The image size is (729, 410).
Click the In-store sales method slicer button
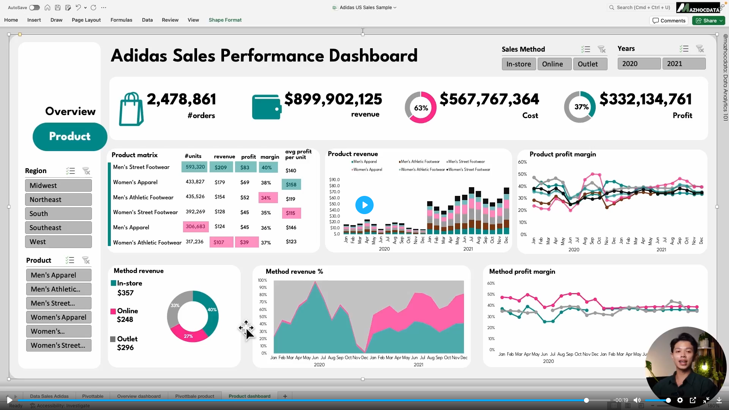click(519, 64)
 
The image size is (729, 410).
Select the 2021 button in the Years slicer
click(683, 64)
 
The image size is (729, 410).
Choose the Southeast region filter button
click(58, 228)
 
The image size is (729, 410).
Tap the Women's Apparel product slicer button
click(58, 317)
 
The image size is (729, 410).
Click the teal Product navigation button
click(70, 137)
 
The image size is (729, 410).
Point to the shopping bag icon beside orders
click(131, 109)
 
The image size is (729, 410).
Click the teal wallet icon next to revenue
click(267, 107)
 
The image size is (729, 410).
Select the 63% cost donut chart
click(421, 108)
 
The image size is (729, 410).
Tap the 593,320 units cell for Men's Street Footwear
click(195, 167)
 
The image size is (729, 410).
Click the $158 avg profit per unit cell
click(291, 184)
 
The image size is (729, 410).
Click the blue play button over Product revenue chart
click(364, 205)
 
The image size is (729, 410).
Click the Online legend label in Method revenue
click(127, 311)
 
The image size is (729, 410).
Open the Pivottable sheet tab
click(93, 396)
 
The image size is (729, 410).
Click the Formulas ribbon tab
click(121, 20)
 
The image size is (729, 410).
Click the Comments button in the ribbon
click(669, 20)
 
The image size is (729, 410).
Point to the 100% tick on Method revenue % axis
click(262, 281)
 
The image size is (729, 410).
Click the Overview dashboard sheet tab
click(139, 396)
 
